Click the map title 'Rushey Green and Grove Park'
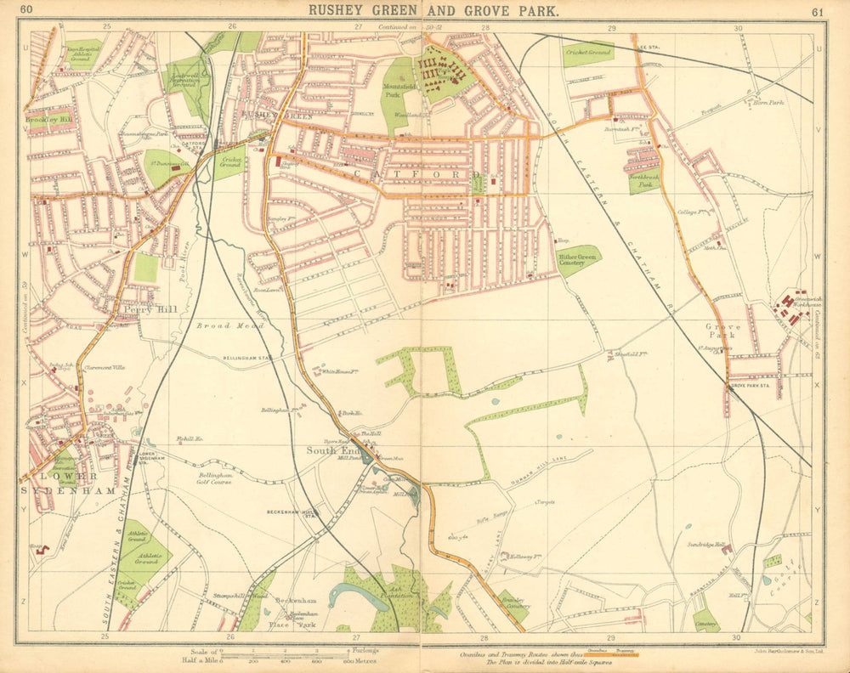433,11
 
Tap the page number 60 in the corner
28,10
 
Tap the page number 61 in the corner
818,11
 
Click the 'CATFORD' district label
422,173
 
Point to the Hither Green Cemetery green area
578,258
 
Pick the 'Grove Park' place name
723,331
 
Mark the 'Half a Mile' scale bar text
201,659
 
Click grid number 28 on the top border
484,27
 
